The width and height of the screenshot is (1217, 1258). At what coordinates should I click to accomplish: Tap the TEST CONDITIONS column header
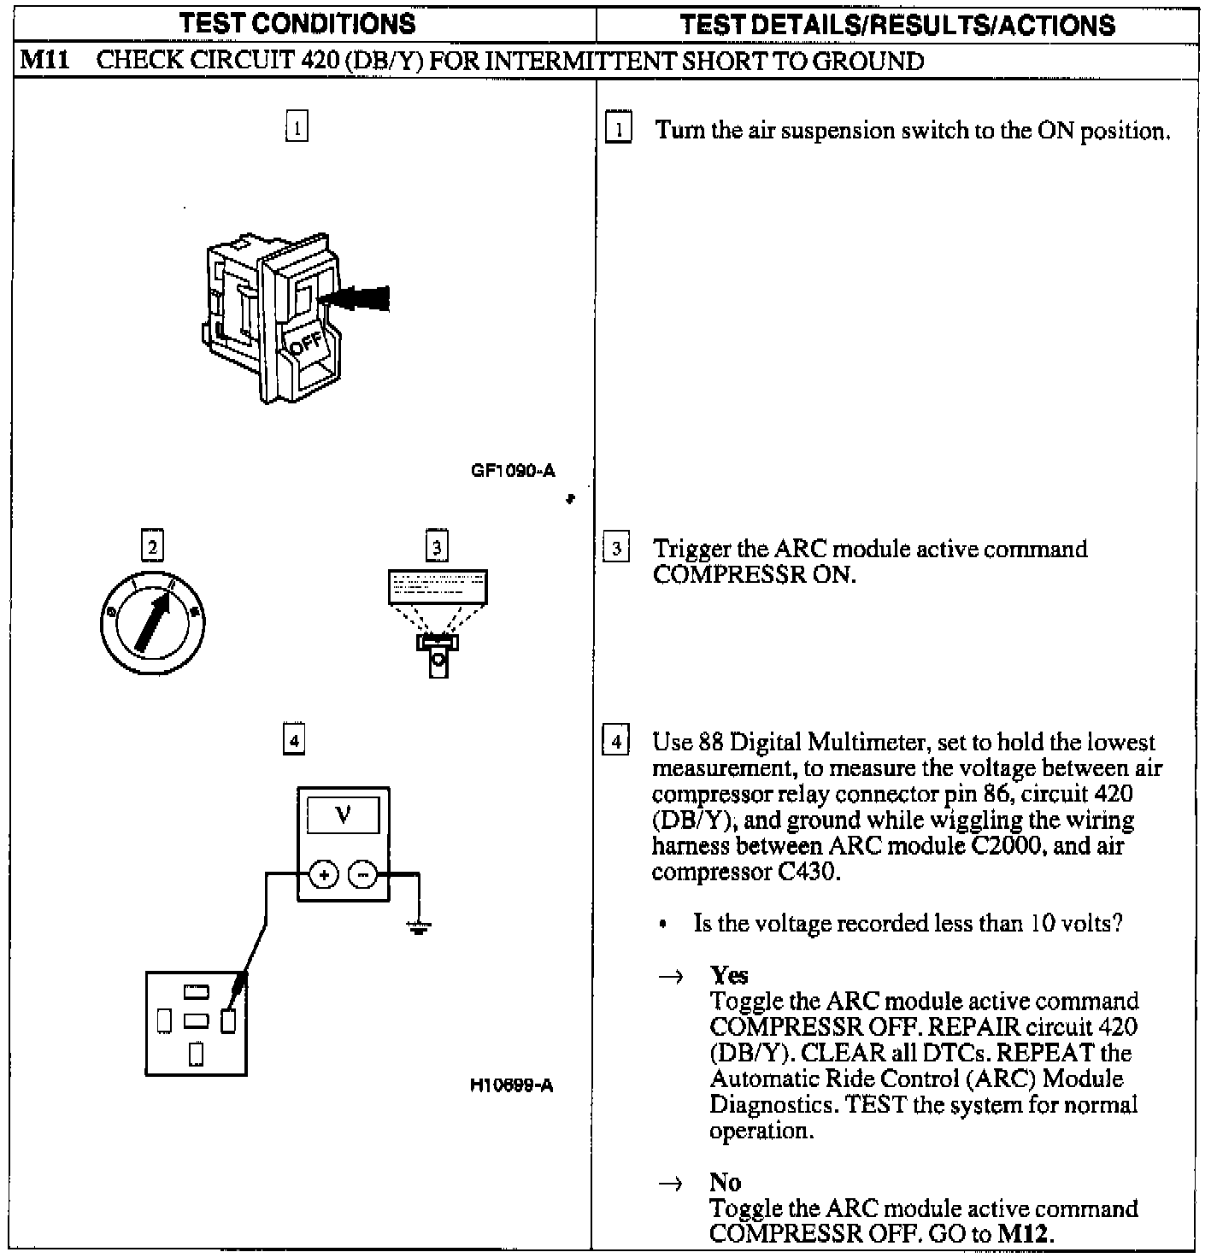click(297, 23)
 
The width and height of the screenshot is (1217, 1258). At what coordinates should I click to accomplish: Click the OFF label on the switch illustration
click(307, 345)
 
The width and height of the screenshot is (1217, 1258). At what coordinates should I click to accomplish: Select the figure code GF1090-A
click(513, 470)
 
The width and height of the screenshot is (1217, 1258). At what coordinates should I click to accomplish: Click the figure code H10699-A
click(511, 1085)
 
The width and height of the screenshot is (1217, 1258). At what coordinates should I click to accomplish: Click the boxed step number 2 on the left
click(152, 546)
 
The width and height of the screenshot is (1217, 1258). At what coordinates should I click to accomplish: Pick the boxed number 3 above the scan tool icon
click(437, 546)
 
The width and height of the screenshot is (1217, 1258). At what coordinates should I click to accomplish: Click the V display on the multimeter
click(344, 815)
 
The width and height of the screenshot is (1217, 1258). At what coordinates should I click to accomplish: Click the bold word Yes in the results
click(729, 975)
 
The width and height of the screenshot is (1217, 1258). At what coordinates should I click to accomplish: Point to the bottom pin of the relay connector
click(196, 1054)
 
